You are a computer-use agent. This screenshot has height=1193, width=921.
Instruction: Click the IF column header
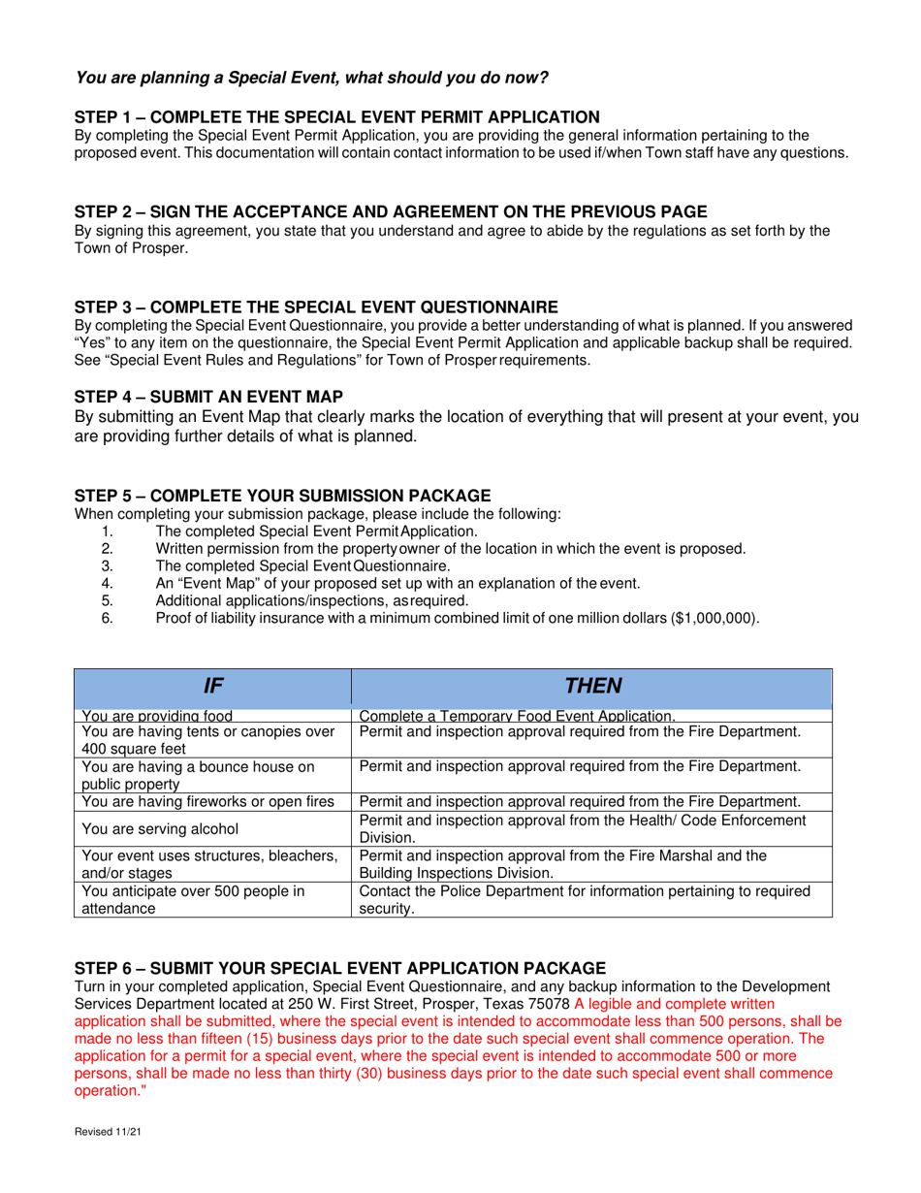212,686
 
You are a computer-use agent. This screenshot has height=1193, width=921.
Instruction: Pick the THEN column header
591,686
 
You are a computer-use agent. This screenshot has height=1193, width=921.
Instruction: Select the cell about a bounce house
199,775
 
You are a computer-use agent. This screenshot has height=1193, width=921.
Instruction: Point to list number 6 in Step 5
108,618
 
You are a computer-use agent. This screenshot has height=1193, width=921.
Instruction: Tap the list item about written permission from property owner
450,549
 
